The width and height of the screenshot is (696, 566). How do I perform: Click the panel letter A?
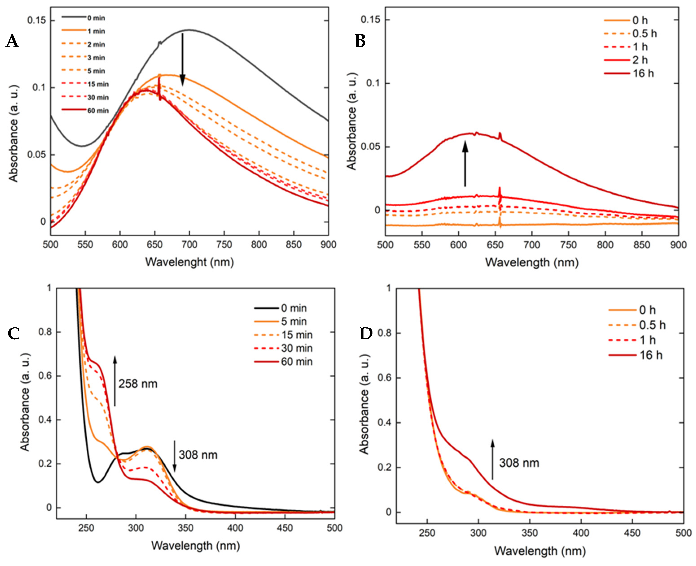click(12, 41)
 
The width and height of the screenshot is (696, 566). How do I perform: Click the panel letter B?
click(360, 41)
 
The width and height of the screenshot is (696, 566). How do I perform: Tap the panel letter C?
click(13, 333)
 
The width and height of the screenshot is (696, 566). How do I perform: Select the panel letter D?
click(366, 333)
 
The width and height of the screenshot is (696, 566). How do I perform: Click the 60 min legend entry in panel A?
click(85, 111)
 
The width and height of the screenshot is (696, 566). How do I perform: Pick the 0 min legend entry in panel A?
click(83, 18)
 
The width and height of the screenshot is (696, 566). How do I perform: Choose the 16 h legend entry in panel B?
click(629, 73)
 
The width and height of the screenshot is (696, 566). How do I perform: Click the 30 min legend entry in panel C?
click(283, 348)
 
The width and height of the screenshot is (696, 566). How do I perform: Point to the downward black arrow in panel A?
click(183, 59)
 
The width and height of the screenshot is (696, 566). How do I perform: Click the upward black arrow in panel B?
click(465, 163)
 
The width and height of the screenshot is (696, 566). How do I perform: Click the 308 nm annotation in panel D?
click(519, 463)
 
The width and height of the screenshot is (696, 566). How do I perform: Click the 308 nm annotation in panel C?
click(198, 455)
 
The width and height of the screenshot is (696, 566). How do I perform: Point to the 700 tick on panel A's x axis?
click(190, 244)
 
